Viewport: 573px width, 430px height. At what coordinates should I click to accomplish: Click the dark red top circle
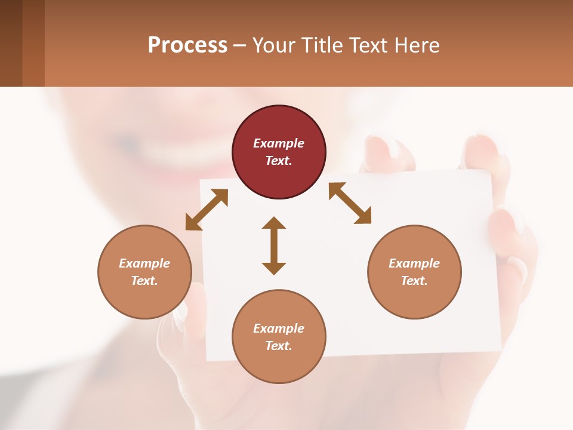279,152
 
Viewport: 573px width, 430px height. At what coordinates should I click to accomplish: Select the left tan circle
144,272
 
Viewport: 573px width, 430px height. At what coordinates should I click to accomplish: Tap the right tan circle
414,272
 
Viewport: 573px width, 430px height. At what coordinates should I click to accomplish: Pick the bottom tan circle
279,336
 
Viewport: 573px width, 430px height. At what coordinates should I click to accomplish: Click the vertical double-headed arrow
274,245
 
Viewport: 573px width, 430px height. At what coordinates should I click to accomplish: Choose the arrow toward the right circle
350,203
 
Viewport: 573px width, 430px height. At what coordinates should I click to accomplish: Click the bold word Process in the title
187,45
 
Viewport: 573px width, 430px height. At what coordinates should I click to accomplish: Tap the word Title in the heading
323,45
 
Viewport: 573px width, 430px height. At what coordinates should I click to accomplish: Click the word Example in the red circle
279,143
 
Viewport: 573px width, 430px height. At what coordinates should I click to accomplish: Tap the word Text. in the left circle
144,281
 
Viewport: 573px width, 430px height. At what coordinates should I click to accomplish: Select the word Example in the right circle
414,263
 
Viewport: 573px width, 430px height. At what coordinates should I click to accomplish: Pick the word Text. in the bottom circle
279,346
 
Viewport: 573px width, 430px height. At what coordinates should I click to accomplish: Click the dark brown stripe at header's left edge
11,43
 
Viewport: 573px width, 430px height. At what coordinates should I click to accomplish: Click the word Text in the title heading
368,45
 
